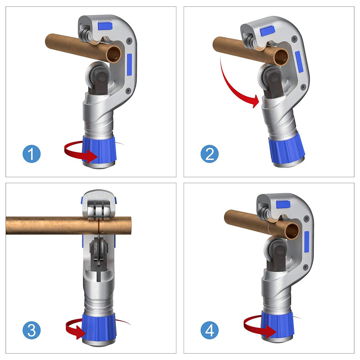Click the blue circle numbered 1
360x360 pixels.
(x=32, y=154)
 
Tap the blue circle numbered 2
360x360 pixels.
(x=210, y=154)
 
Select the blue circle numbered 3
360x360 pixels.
(x=32, y=330)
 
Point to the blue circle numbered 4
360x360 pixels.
(x=210, y=330)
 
